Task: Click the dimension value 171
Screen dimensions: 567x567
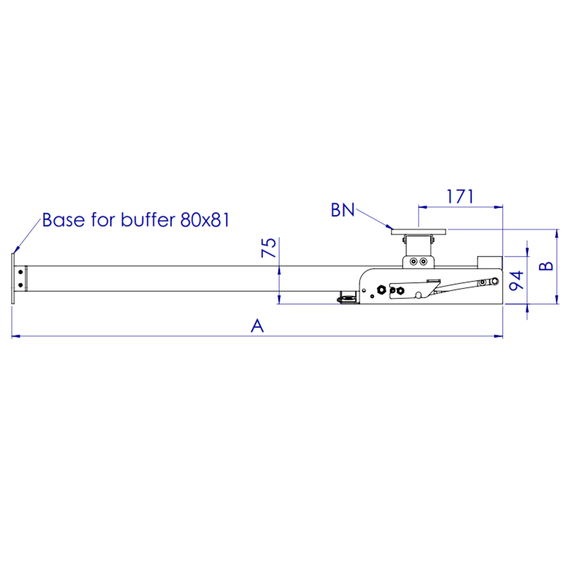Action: point(460,197)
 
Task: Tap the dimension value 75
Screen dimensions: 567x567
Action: point(269,247)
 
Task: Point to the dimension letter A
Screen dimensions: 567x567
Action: point(257,326)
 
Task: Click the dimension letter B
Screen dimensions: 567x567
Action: point(547,266)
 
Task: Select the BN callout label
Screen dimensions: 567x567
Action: point(343,210)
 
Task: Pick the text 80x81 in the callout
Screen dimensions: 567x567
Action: point(205,220)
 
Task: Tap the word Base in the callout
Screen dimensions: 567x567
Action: point(63,220)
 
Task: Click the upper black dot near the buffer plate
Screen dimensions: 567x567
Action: point(20,272)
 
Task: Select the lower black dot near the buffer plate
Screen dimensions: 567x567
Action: point(20,285)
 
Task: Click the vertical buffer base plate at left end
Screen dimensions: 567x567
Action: point(13,279)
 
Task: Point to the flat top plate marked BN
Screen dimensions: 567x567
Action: point(419,232)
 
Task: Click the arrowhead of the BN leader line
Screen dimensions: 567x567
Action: point(391,228)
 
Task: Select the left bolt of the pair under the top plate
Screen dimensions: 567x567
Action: point(413,262)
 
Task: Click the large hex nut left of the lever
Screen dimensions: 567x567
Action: point(381,290)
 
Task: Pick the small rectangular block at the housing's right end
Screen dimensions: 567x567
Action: point(490,262)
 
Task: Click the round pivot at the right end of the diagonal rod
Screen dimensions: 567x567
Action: point(495,281)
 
